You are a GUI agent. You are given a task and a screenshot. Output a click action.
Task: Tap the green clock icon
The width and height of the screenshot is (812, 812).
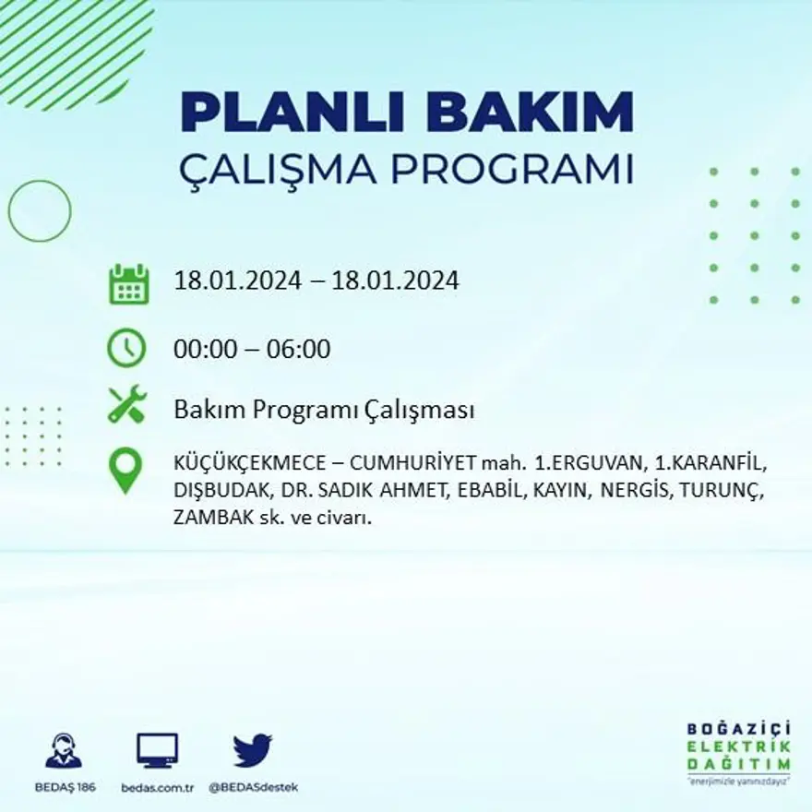tap(126, 348)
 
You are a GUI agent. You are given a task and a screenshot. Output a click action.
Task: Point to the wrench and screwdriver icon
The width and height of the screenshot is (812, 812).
tap(127, 404)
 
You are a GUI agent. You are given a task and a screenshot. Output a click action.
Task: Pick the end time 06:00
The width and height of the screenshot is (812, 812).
tap(299, 350)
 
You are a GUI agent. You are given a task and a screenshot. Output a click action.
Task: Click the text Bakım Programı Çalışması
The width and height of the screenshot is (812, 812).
tap(324, 410)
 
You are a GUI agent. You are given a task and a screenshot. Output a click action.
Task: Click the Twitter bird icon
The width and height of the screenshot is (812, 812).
tap(253, 750)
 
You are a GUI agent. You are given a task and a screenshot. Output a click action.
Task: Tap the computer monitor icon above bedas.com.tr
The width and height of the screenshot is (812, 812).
tap(157, 751)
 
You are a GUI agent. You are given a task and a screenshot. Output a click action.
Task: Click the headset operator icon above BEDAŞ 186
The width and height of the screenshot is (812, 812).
tap(64, 751)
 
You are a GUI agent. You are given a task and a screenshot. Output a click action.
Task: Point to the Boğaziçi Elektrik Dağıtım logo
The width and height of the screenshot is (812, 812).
tap(738, 752)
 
